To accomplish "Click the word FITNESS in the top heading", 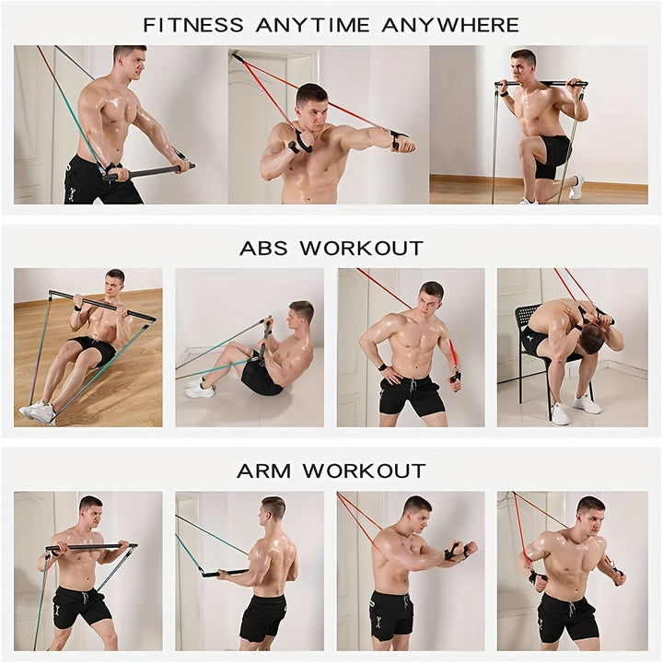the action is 193,26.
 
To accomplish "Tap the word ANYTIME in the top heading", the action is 312,26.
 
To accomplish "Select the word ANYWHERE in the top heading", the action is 450,26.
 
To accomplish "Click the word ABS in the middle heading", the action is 264,249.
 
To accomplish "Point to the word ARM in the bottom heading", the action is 263,471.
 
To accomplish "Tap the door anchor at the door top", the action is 236,57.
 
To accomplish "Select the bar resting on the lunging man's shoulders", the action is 541,84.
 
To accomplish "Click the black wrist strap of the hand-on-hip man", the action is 383,366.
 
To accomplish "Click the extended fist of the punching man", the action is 404,145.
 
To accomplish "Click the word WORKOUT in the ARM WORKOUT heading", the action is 364,471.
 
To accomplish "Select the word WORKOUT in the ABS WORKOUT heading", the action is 362,249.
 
